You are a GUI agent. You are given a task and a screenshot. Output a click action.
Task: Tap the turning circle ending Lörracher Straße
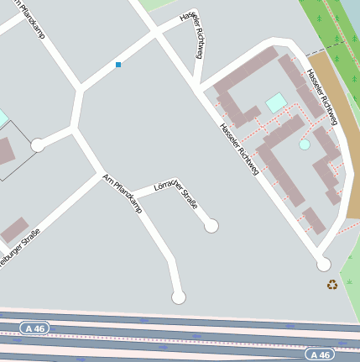coord(211,225)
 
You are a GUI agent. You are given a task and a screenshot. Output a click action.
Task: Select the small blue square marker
coord(118,65)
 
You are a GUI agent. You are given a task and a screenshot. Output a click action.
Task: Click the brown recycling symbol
coord(332,285)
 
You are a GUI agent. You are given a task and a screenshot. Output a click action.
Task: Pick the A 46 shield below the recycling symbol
coord(320,354)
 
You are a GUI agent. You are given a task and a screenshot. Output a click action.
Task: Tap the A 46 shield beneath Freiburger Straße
coord(35,328)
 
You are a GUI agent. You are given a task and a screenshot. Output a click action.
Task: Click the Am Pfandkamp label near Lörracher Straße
coord(123,193)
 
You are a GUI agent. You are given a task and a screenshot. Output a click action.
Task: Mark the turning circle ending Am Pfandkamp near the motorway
coord(178,296)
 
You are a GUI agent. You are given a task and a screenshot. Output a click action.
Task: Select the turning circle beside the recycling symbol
coord(323,265)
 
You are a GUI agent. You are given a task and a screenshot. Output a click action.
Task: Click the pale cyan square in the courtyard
coord(276,102)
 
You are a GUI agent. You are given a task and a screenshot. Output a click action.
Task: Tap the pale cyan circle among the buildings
coord(305,144)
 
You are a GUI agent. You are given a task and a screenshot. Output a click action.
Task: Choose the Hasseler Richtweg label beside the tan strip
coord(322,97)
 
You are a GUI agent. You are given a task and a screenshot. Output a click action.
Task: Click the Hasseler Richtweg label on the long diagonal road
coord(238,150)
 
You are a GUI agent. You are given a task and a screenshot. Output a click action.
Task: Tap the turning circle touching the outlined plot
coord(38,145)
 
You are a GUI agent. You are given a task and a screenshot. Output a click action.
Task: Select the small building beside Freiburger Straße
coord(14,229)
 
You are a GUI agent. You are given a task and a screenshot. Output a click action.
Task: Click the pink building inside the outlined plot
coord(5,151)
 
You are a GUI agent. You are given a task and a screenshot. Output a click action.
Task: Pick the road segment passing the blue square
coord(118,59)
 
